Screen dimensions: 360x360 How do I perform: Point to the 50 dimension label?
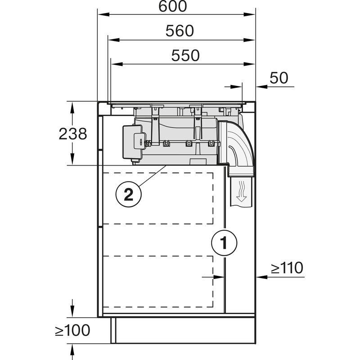(279, 78)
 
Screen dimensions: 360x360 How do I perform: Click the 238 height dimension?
(72, 134)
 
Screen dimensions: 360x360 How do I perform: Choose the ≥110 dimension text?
(287, 268)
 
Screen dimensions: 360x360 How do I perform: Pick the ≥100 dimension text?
(72, 331)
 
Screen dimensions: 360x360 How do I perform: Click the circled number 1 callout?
(224, 243)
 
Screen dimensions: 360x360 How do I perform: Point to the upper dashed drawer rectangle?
(158, 198)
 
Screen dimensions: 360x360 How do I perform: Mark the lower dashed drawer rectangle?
(158, 282)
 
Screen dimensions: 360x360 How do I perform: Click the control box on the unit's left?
(132, 142)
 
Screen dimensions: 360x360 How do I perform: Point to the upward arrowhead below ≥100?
(72, 348)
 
